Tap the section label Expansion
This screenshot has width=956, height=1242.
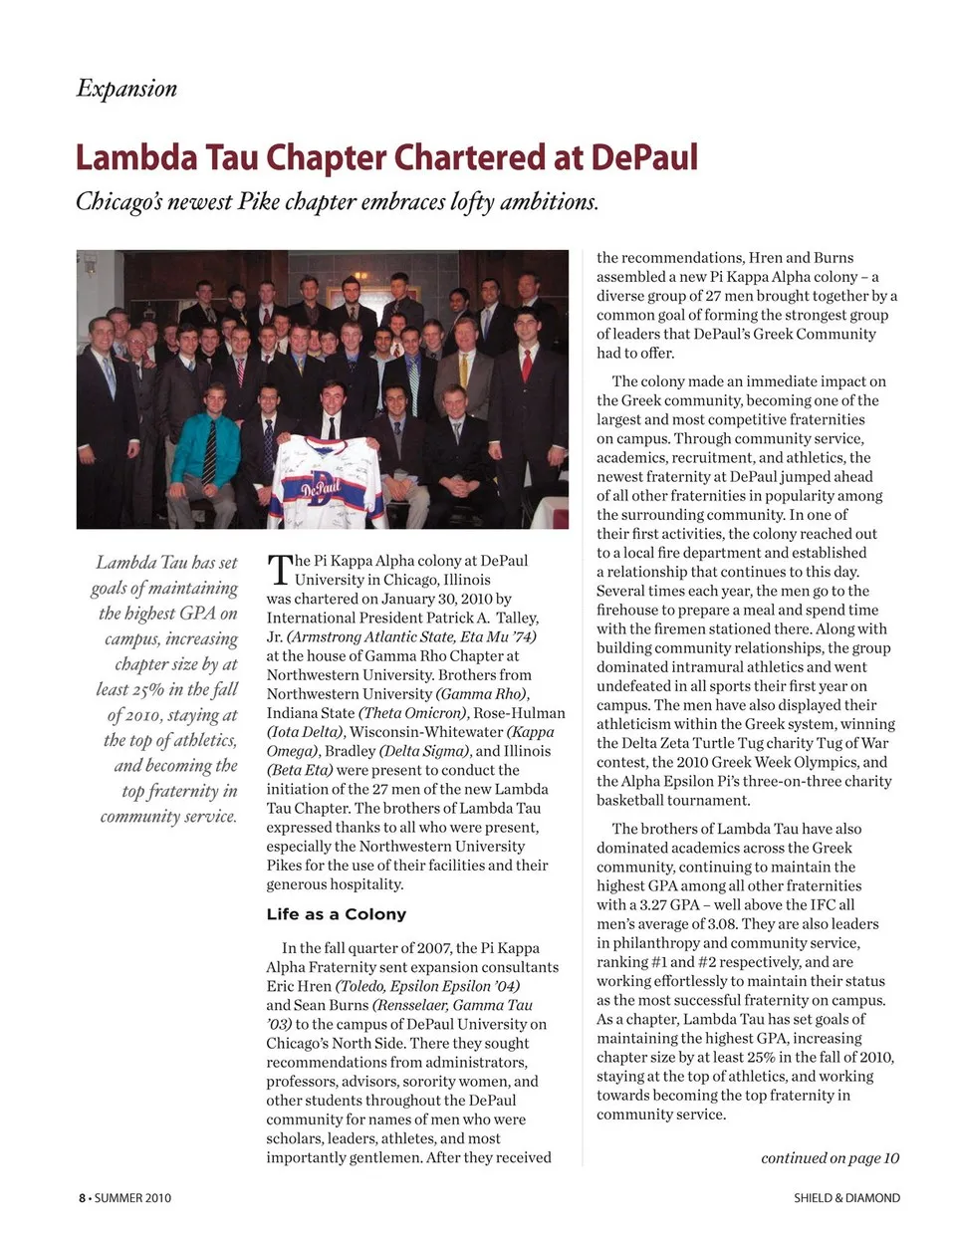click(126, 89)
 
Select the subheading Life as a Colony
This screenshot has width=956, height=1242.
click(336, 914)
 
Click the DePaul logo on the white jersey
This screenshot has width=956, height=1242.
click(321, 487)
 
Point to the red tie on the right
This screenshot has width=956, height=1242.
click(526, 366)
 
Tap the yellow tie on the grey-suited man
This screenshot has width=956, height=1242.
click(463, 370)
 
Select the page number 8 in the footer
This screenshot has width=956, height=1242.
click(83, 1198)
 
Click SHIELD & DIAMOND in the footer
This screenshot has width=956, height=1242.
click(846, 1198)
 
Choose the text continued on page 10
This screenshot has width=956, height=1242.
click(830, 1157)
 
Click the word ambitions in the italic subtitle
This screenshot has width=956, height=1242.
click(549, 202)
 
